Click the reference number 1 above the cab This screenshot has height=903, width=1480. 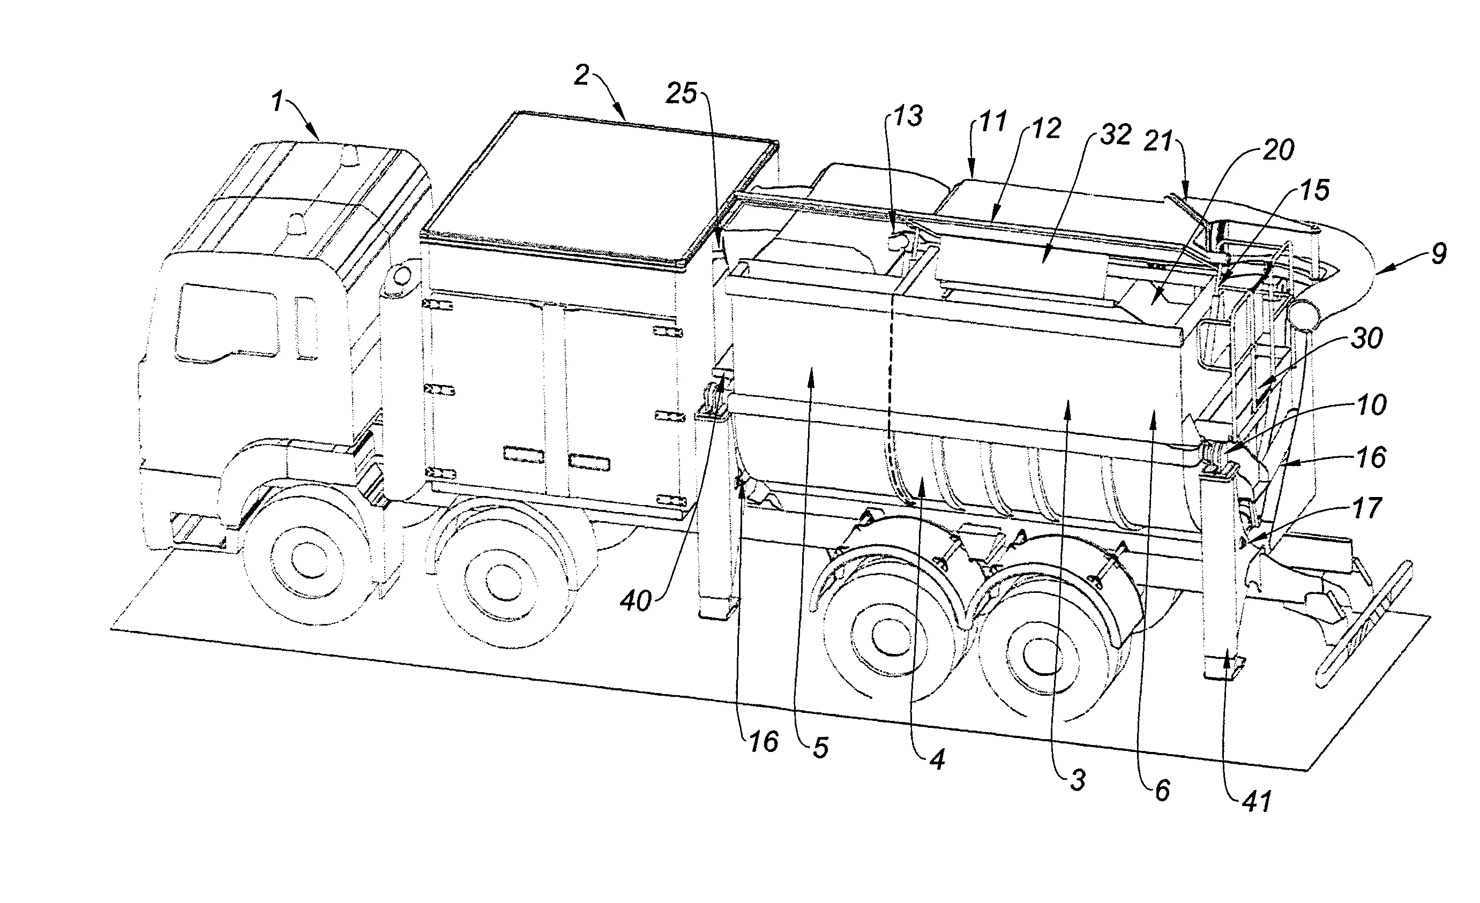276,101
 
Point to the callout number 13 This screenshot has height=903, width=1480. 907,116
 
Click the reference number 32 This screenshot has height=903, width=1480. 1116,134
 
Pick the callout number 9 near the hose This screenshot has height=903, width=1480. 1439,254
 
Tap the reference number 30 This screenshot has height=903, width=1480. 1367,338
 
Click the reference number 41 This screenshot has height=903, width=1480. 1257,802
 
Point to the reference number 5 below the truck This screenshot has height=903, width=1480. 820,748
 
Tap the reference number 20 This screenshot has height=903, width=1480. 1277,150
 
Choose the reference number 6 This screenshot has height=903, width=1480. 1162,791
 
